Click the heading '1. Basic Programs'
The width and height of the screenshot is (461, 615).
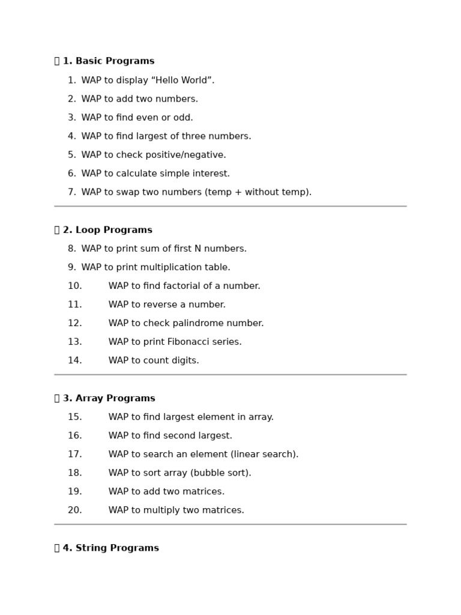coord(108,61)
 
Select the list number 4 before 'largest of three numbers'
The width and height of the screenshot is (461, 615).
coord(72,136)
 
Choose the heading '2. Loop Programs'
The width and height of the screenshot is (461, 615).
coord(107,230)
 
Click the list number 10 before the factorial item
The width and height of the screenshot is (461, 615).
coord(74,286)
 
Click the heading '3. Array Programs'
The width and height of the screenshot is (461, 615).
coord(109,398)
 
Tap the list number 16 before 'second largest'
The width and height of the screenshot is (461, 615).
coord(74,435)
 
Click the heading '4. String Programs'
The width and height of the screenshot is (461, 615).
coord(110,548)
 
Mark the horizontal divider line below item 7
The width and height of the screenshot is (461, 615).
coord(230,206)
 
